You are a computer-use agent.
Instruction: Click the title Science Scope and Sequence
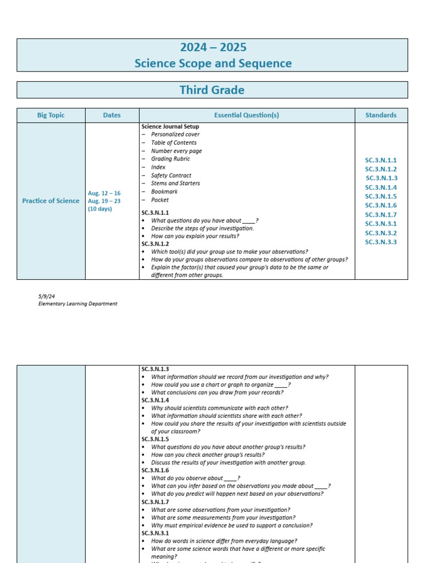pos(213,63)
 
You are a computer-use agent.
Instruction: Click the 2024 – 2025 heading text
pos(213,47)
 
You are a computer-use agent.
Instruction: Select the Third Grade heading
pos(212,90)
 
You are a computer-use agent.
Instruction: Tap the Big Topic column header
pos(51,115)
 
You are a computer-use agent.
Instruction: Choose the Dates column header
pos(112,115)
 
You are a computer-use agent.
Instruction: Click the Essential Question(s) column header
pos(246,115)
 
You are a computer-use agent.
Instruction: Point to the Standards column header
pos(381,115)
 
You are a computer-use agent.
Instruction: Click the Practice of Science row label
pos(51,201)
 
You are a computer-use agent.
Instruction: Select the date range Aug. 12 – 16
pos(104,193)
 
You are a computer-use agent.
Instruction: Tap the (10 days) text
pos(100,209)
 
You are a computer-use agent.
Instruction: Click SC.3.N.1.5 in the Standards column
pos(381,196)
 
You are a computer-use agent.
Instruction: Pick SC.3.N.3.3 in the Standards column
pos(381,242)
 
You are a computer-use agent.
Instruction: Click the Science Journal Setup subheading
pos(170,126)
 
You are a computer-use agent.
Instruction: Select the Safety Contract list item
pos(171,175)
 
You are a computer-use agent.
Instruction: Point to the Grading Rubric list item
pos(170,159)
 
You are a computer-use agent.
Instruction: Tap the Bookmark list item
pos(164,192)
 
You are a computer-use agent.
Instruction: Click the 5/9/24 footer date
pos(46,296)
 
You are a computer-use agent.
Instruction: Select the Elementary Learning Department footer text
pos(77,303)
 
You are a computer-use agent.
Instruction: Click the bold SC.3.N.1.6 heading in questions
pos(155,471)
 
